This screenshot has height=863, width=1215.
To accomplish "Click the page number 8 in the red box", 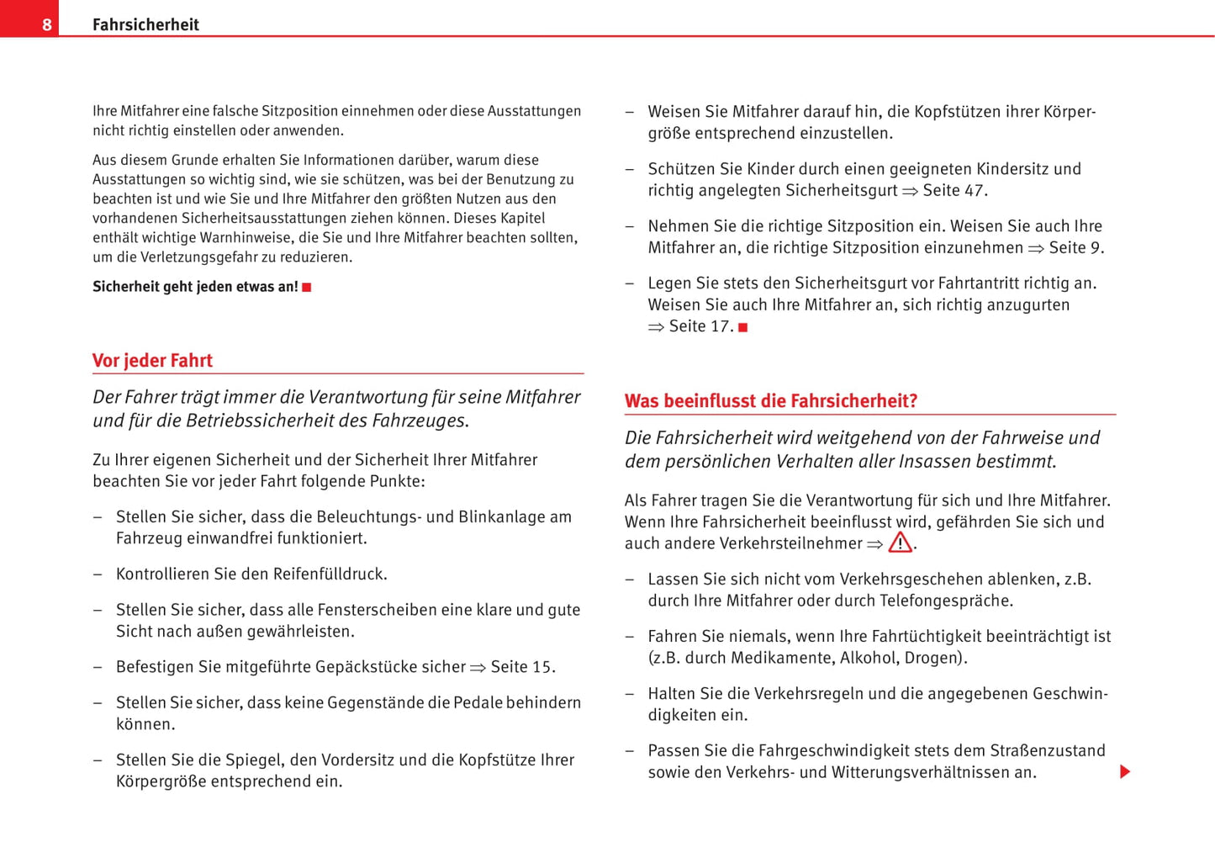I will (x=46, y=24).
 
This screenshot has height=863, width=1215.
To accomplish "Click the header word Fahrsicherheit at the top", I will (x=145, y=24).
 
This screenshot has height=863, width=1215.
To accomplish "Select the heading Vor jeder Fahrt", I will (x=152, y=361).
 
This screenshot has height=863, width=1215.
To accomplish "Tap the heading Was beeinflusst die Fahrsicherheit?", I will (x=770, y=401).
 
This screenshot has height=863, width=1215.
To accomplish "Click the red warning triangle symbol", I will (x=900, y=543).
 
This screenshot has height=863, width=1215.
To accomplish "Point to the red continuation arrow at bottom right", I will (x=1124, y=771).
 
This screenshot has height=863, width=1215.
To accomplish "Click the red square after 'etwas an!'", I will (x=307, y=288).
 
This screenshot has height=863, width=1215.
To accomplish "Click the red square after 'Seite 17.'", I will (x=743, y=327).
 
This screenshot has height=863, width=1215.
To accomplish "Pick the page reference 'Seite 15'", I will (x=520, y=667).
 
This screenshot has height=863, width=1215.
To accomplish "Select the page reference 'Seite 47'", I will (x=953, y=190).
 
